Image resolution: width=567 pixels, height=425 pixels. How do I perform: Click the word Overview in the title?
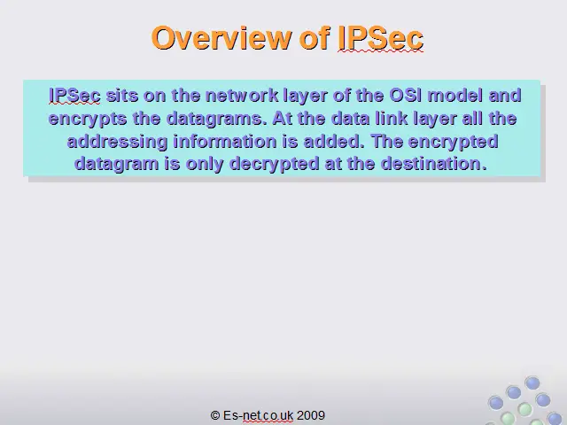221,38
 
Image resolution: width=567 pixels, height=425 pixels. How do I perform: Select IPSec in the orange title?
380,38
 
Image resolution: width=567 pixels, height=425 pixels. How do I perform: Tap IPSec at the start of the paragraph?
74,96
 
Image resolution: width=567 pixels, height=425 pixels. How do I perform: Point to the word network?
242,96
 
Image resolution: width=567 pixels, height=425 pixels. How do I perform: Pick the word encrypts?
88,119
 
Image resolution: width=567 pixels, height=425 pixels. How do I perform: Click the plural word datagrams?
216,119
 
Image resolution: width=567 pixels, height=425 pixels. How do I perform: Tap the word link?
392,118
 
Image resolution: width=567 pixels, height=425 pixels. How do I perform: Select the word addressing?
118,142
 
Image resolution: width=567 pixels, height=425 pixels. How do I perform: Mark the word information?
225,141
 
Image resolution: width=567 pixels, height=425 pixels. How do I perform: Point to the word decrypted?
275,164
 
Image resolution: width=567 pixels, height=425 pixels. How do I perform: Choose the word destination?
434,163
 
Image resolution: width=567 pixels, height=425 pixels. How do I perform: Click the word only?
205,164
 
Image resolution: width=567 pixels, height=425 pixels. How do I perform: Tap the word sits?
122,96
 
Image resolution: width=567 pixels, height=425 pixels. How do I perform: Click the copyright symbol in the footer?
215,415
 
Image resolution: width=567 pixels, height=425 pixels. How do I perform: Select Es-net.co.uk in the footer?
258,415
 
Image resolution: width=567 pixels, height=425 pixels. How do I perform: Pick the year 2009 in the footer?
311,415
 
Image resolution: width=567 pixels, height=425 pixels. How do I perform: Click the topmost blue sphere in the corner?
532,382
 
